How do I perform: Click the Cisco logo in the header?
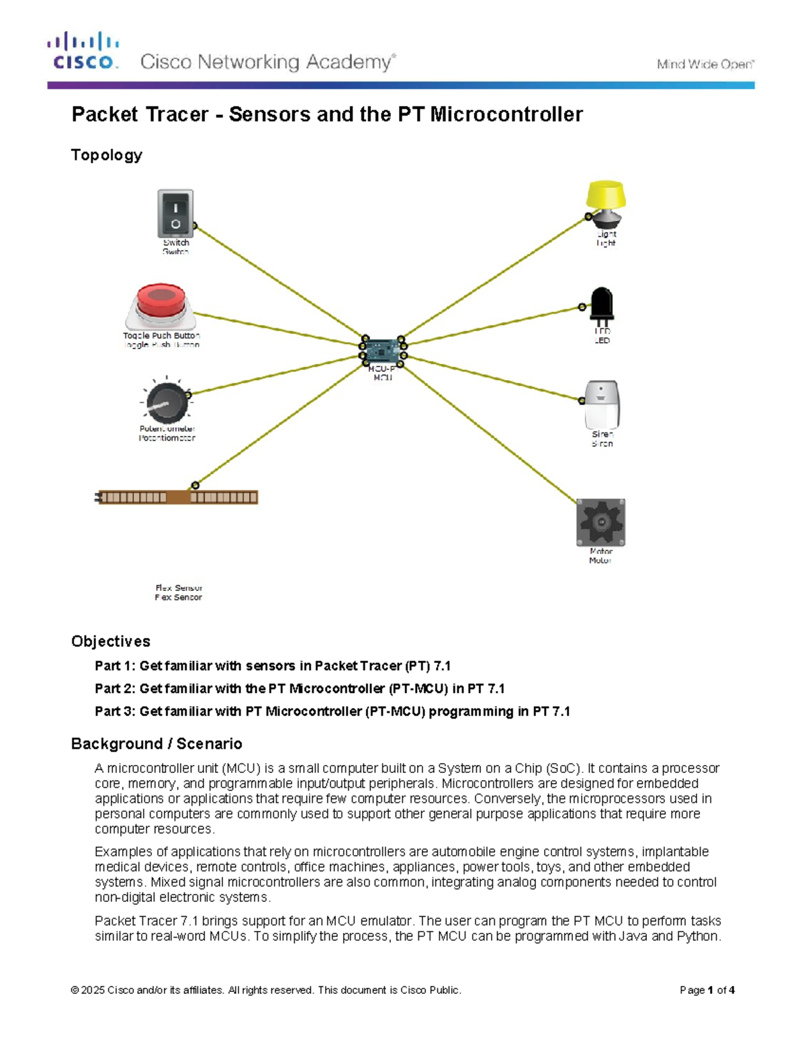coord(83,51)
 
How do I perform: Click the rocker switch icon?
coord(175,214)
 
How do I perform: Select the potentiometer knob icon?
coord(165,402)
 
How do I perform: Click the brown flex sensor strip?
coord(177,498)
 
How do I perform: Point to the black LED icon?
coord(601,306)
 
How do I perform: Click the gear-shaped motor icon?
coord(600,522)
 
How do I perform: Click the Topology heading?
coord(107,155)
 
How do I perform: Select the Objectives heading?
coord(111,641)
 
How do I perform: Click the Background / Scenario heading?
coord(156,743)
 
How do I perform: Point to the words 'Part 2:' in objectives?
coord(115,688)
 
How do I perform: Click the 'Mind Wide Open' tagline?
coord(705,64)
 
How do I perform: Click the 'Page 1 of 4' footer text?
coord(707,990)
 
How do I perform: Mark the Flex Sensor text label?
coord(179,592)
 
